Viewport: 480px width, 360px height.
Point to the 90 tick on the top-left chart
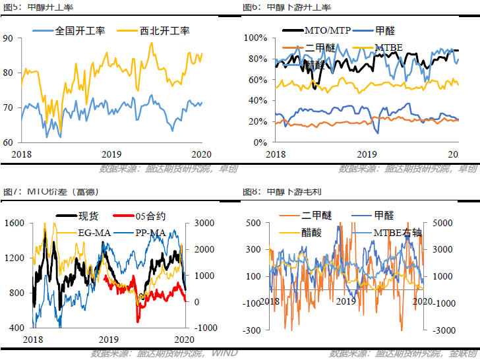click(7, 38)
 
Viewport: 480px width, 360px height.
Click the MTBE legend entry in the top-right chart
click(388, 47)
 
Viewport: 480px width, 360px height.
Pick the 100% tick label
click(254, 38)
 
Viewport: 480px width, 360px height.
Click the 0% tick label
click(258, 142)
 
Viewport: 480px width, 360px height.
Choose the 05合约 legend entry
click(150, 216)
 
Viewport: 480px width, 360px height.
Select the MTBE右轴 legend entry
click(401, 232)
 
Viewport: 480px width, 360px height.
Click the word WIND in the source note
click(226, 353)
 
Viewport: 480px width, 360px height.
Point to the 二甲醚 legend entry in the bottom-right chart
click(317, 216)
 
